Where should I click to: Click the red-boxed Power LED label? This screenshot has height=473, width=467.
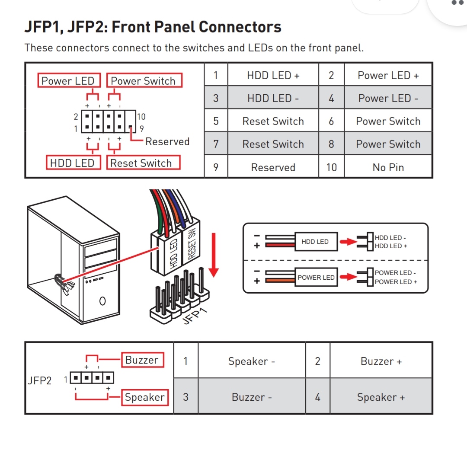pyautogui.click(x=68, y=81)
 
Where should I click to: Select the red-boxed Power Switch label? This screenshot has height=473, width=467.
pyautogui.click(x=144, y=81)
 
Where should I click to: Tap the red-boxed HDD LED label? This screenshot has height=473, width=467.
pyautogui.click(x=72, y=163)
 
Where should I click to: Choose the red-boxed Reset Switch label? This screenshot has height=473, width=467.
pyautogui.click(x=142, y=163)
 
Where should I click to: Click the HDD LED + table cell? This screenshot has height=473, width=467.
pyautogui.click(x=273, y=75)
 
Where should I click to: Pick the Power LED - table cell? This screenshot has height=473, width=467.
pyautogui.click(x=388, y=98)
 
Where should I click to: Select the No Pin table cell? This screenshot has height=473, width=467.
pyautogui.click(x=388, y=167)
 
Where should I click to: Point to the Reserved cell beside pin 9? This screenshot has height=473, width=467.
pyautogui.click(x=273, y=167)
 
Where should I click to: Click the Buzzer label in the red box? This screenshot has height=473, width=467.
pyautogui.click(x=142, y=360)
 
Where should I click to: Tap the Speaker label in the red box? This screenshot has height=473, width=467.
pyautogui.click(x=144, y=397)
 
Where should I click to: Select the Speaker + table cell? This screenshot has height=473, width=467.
pyautogui.click(x=381, y=397)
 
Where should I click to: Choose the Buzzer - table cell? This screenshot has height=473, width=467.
pyautogui.click(x=251, y=397)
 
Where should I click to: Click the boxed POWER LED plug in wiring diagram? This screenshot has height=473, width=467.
pyautogui.click(x=316, y=277)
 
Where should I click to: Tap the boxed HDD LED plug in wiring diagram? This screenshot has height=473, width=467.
pyautogui.click(x=315, y=242)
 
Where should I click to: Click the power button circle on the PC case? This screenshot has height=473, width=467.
pyautogui.click(x=102, y=300)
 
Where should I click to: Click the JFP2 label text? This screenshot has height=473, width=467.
pyautogui.click(x=39, y=380)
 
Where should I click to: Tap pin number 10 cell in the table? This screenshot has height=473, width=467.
pyautogui.click(x=331, y=167)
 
